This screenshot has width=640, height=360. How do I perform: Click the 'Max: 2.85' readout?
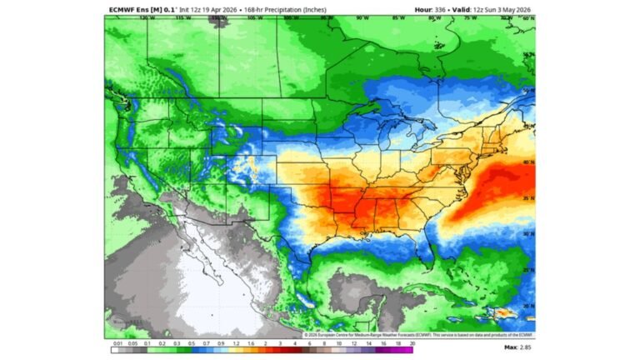[x=519, y=346]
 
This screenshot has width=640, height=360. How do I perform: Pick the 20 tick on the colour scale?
[x=436, y=343]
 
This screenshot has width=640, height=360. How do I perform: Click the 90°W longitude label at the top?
[x=361, y=17]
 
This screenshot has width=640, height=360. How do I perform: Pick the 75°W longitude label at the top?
[x=470, y=17]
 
